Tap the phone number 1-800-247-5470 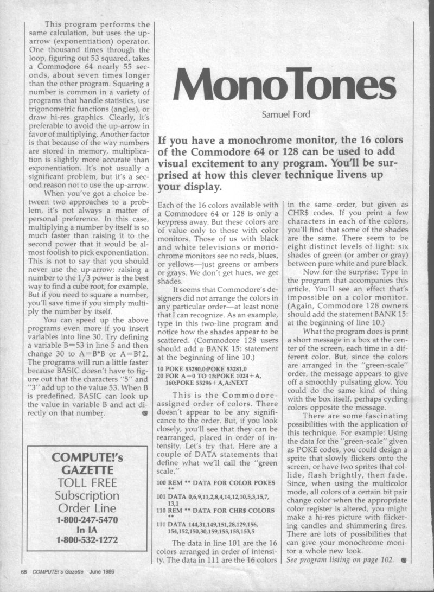pos(88,519)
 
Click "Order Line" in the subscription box pos(88,508)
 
